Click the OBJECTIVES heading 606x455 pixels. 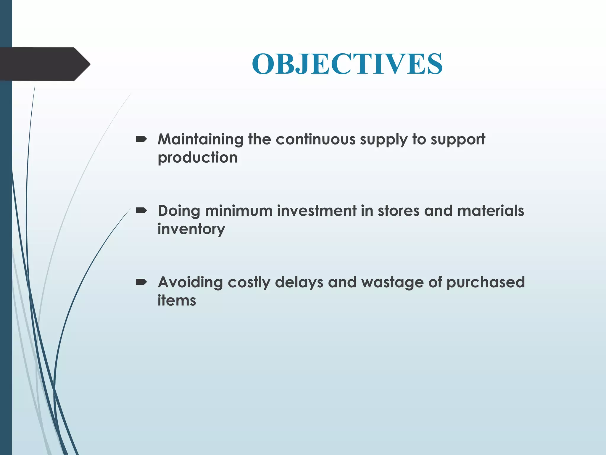347,64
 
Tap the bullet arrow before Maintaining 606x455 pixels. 141,139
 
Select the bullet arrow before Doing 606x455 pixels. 141,211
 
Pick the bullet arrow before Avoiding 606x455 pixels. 141,282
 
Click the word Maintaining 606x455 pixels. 200,140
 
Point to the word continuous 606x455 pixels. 315,140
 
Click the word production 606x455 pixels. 197,158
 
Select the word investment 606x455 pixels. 317,211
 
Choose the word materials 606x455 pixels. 490,211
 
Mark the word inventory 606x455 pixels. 191,229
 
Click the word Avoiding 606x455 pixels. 190,282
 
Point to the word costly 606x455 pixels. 249,283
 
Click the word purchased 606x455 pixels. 485,283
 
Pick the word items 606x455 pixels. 177,301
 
